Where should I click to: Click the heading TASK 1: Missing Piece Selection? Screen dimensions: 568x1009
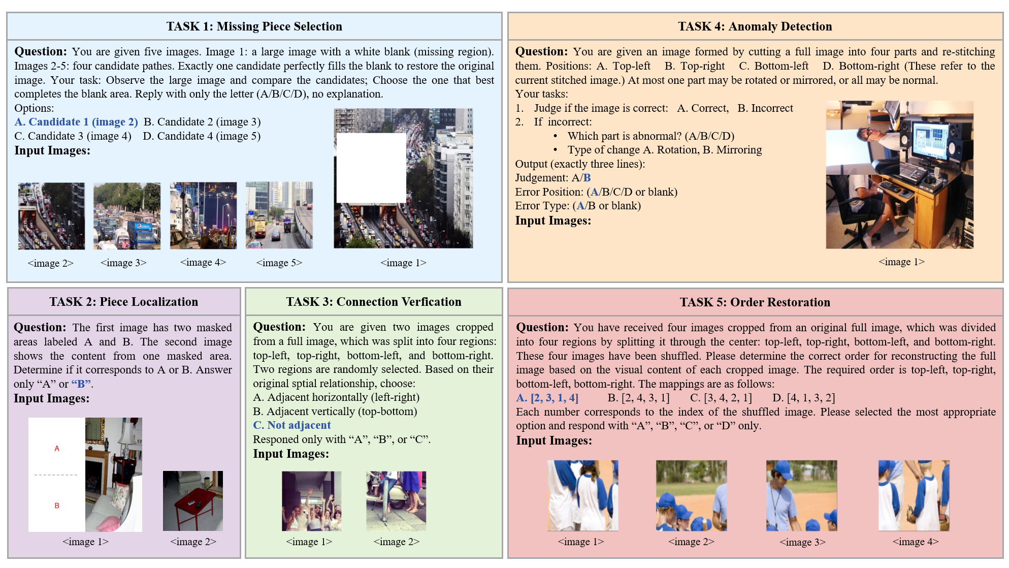coord(254,26)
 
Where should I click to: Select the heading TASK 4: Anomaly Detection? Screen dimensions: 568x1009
coord(755,26)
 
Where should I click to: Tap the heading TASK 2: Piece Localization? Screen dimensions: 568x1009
coord(123,302)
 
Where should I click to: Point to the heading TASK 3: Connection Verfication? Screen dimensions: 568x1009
coord(373,302)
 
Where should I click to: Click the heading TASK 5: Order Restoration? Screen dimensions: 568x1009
coord(755,302)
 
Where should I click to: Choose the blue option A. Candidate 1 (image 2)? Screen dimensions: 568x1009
coord(76,122)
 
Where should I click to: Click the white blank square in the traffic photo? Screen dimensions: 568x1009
coord(371,168)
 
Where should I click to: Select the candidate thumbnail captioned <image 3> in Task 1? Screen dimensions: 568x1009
coord(127,216)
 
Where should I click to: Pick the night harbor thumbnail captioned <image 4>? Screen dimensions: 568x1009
coord(203,215)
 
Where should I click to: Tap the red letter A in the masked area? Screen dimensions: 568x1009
coord(57,449)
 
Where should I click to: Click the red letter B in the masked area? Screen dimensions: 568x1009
coord(57,506)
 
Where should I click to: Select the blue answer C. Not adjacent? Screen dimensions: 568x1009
coord(291,425)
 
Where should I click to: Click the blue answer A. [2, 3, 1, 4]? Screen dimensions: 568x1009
coord(547,398)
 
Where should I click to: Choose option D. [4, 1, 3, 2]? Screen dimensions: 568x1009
coord(803,398)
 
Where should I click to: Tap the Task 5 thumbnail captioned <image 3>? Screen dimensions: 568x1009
coord(801,495)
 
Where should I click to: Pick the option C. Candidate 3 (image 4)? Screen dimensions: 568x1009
coord(73,136)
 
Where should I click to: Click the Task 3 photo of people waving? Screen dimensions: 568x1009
coord(311,501)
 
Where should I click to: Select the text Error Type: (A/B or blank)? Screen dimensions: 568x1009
coord(578,206)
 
